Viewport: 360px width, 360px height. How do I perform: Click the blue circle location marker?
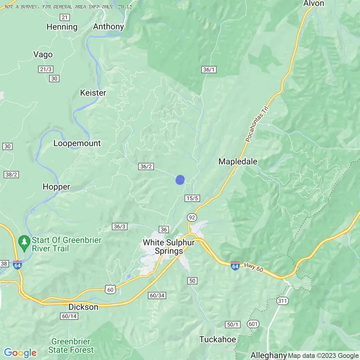click(x=180, y=180)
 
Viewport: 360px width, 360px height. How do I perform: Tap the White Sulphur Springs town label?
click(x=163, y=247)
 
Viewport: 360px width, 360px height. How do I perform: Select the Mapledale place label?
click(x=238, y=161)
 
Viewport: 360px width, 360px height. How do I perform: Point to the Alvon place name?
click(x=314, y=4)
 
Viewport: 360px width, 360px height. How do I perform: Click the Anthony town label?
click(x=108, y=27)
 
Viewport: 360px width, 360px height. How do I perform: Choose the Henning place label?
click(x=62, y=27)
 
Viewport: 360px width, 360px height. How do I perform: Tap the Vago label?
click(x=43, y=54)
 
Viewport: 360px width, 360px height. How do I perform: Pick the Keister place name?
click(x=93, y=93)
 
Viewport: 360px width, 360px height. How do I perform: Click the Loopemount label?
click(x=77, y=143)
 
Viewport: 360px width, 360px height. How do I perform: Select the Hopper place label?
click(x=56, y=186)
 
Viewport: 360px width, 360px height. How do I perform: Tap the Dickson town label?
click(x=83, y=307)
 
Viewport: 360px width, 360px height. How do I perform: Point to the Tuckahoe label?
click(x=218, y=340)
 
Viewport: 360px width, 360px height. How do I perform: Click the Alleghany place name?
click(x=268, y=355)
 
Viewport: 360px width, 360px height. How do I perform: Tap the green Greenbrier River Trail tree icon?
click(x=24, y=242)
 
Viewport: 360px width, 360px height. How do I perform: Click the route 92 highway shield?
click(x=192, y=217)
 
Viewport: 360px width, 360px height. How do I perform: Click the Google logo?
click(x=20, y=353)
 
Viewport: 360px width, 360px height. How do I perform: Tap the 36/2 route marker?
click(x=146, y=166)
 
